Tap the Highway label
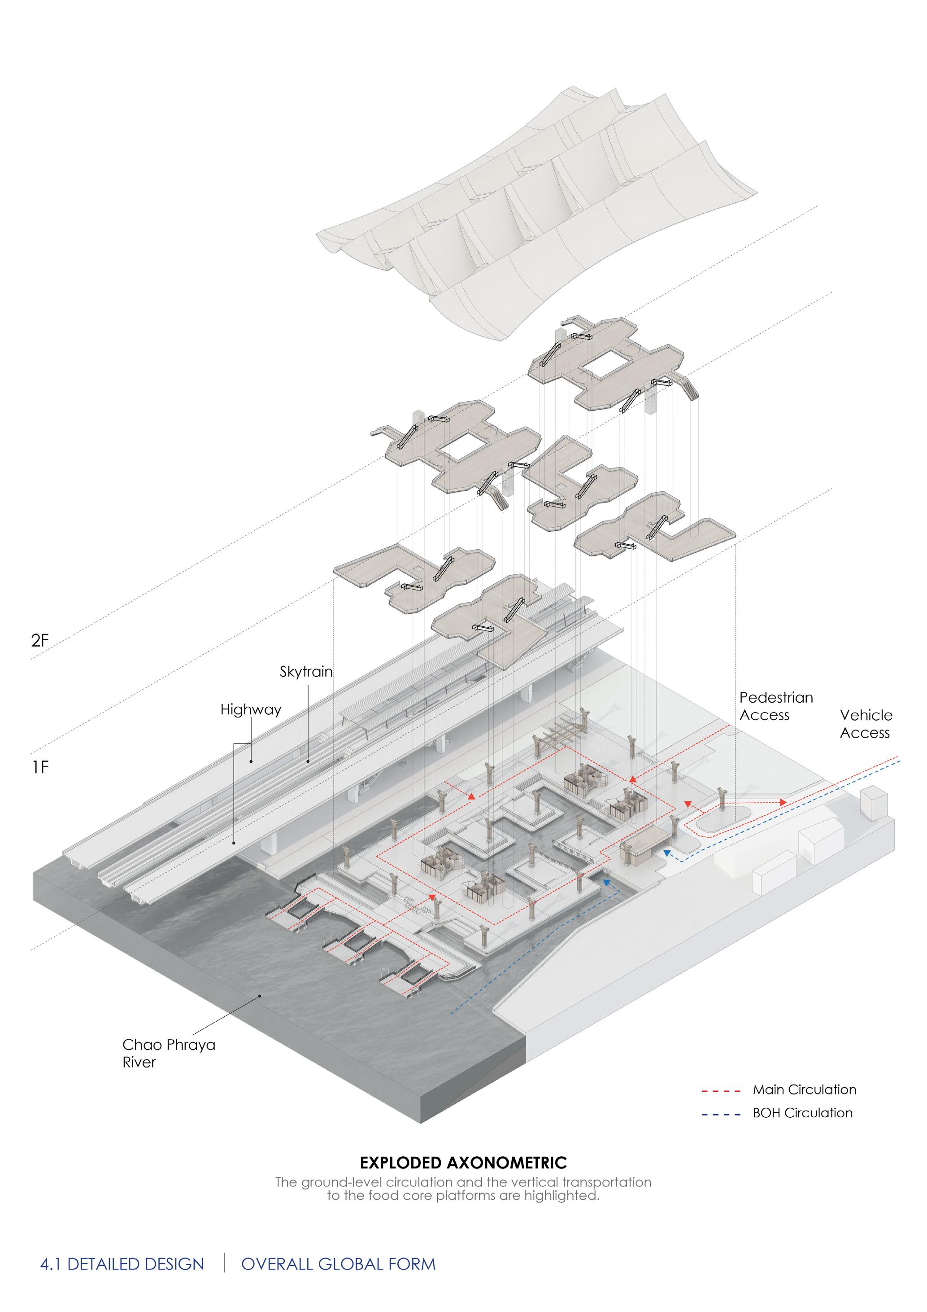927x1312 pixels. point(251,710)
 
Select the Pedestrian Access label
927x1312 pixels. point(776,706)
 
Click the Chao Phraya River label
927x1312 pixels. point(169,1053)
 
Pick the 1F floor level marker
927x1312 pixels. point(40,767)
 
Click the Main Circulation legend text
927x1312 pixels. point(804,1090)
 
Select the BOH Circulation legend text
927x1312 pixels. point(802,1113)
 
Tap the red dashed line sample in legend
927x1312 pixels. point(721,1091)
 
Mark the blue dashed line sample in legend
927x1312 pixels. point(721,1114)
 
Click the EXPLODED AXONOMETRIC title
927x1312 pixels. point(463,1163)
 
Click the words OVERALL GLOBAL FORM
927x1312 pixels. point(338,1264)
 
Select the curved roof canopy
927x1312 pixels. point(537,211)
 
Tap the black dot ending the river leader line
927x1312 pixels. point(260,995)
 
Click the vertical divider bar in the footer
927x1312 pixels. point(224,1262)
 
